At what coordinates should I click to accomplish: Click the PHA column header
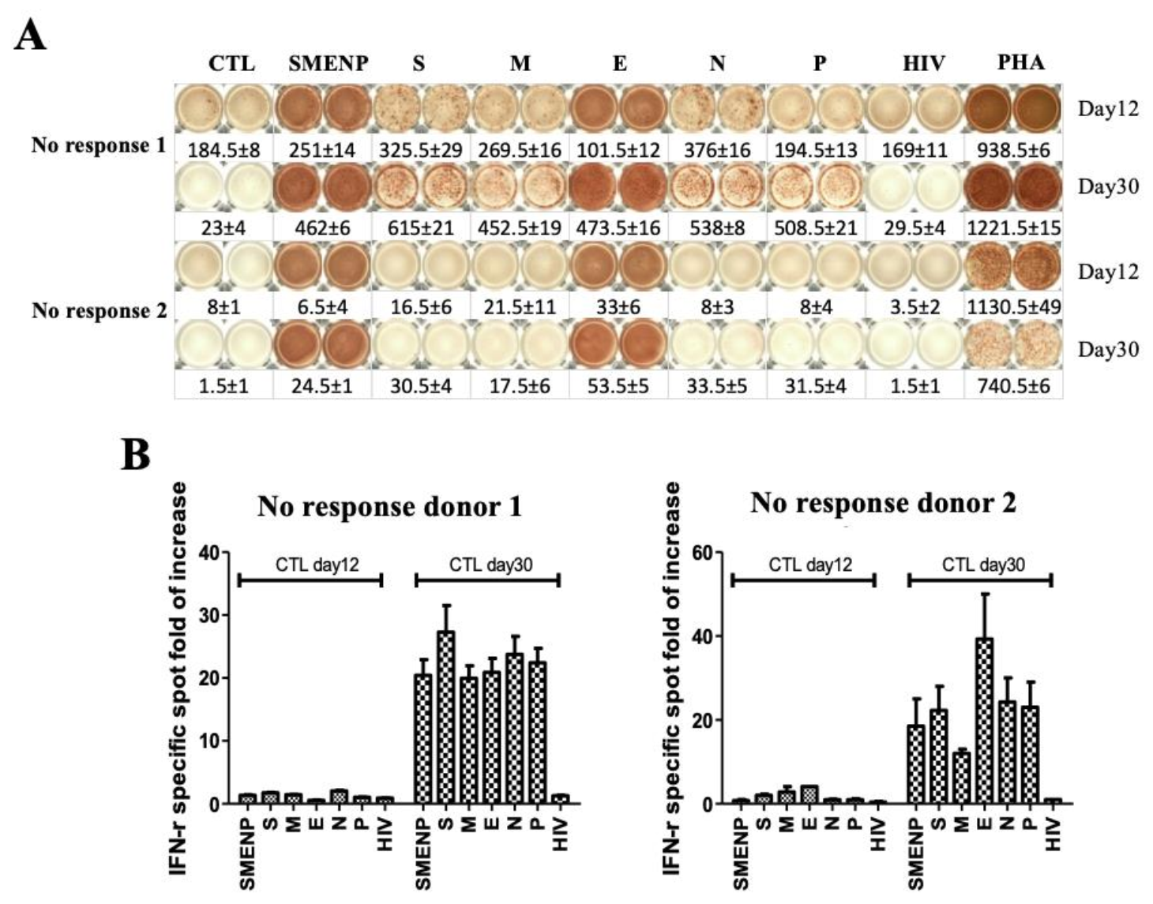click(x=1020, y=62)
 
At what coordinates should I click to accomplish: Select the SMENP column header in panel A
click(x=329, y=63)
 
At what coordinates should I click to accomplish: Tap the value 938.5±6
click(x=1013, y=151)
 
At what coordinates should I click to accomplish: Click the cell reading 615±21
click(x=421, y=228)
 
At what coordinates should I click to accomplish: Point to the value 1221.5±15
click(x=1013, y=228)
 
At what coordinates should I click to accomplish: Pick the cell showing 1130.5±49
click(x=1013, y=307)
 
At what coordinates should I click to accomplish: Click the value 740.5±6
click(x=1013, y=386)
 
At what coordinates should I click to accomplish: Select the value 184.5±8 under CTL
click(x=224, y=151)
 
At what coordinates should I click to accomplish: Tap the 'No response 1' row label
click(x=99, y=145)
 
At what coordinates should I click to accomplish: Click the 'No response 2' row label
click(x=99, y=311)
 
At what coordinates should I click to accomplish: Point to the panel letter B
click(x=135, y=456)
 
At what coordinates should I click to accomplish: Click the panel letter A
click(x=30, y=36)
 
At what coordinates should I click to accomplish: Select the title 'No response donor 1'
click(x=390, y=506)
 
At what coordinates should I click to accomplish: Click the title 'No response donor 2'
click(x=884, y=503)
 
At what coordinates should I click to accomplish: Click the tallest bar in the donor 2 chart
click(x=984, y=721)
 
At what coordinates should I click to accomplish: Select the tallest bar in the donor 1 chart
click(x=446, y=718)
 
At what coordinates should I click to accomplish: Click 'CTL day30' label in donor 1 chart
click(x=490, y=565)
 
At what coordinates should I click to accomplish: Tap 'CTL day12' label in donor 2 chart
click(x=811, y=565)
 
